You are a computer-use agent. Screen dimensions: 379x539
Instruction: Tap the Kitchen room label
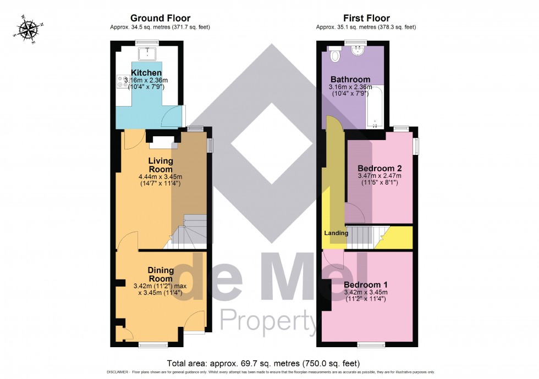click(146, 73)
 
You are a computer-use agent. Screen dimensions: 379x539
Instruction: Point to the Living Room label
click(161, 165)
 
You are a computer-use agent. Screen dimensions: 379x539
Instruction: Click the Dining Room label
click(161, 274)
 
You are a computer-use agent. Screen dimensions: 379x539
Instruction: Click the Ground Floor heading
click(160, 19)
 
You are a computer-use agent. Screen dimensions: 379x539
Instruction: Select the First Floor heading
click(366, 19)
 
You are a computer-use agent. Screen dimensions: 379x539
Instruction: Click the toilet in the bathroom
click(335, 55)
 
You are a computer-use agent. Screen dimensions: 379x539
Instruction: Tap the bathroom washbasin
click(358, 53)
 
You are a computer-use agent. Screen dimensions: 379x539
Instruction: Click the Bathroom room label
click(350, 79)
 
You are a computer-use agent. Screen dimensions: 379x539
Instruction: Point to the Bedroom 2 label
click(380, 168)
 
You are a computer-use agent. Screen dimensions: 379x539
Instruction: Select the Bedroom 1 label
click(366, 285)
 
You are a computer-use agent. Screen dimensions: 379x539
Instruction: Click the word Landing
click(336, 233)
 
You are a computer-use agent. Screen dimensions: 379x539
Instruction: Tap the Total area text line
click(263, 363)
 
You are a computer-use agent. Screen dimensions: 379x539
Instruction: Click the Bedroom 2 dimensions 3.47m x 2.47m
click(380, 176)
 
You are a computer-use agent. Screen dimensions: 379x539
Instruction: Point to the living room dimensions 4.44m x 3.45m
click(160, 176)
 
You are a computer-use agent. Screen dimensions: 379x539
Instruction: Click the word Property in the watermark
click(268, 322)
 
